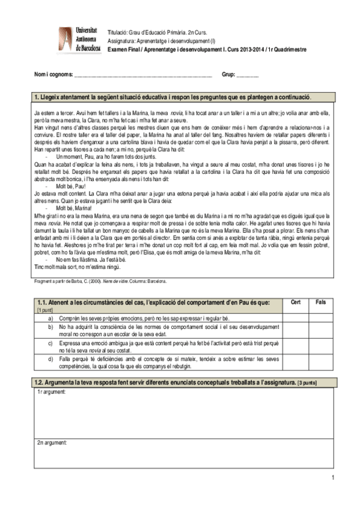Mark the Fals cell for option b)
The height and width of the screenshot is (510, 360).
(320, 329)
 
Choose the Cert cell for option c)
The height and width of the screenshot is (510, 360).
(295, 346)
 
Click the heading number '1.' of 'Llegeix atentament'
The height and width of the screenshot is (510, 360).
(37, 96)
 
